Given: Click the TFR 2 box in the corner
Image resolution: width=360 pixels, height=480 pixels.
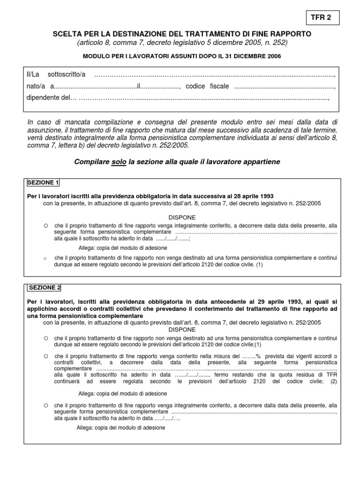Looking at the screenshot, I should click(321, 18).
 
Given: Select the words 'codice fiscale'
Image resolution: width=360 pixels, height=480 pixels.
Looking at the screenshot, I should click(207, 86).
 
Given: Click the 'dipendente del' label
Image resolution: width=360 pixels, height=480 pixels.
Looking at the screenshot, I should click(50, 98).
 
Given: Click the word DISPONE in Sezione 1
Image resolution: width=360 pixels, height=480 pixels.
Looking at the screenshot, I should click(182, 218).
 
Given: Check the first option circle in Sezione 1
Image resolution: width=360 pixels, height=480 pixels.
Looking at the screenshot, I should click(46, 225).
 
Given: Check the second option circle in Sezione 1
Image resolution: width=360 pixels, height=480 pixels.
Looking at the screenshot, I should click(45, 258).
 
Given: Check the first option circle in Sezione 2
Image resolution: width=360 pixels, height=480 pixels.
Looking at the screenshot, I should click(46, 337).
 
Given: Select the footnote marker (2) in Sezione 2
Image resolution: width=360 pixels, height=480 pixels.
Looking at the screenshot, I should click(333, 382).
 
